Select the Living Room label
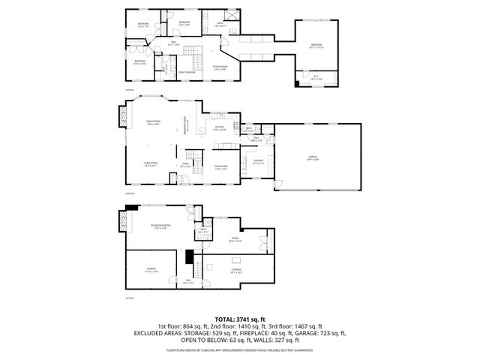point(150,164)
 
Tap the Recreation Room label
point(159,226)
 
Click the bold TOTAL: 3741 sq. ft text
point(239,319)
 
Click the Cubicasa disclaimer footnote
point(239,349)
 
